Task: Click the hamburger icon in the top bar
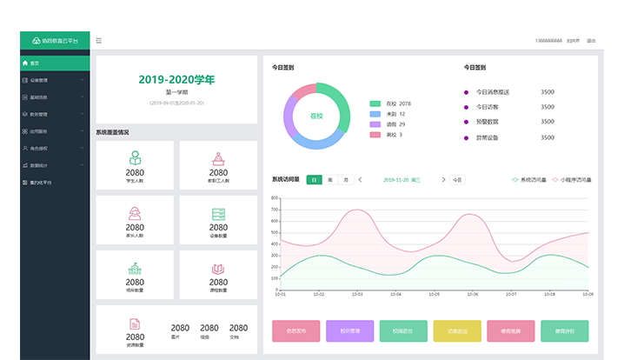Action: click(99, 40)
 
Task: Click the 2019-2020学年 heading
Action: click(176, 80)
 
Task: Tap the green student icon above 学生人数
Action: click(135, 158)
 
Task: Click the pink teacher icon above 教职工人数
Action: click(219, 158)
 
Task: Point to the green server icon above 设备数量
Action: click(219, 214)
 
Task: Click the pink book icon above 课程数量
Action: click(219, 270)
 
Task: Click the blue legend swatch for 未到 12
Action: click(375, 114)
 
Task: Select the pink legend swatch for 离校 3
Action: click(375, 135)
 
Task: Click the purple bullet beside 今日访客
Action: click(466, 107)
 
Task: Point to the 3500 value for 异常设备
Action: click(548, 137)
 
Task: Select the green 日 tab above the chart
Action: click(314, 179)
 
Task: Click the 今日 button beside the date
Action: click(457, 179)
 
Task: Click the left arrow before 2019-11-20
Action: click(360, 179)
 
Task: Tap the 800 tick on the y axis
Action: click(275, 198)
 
